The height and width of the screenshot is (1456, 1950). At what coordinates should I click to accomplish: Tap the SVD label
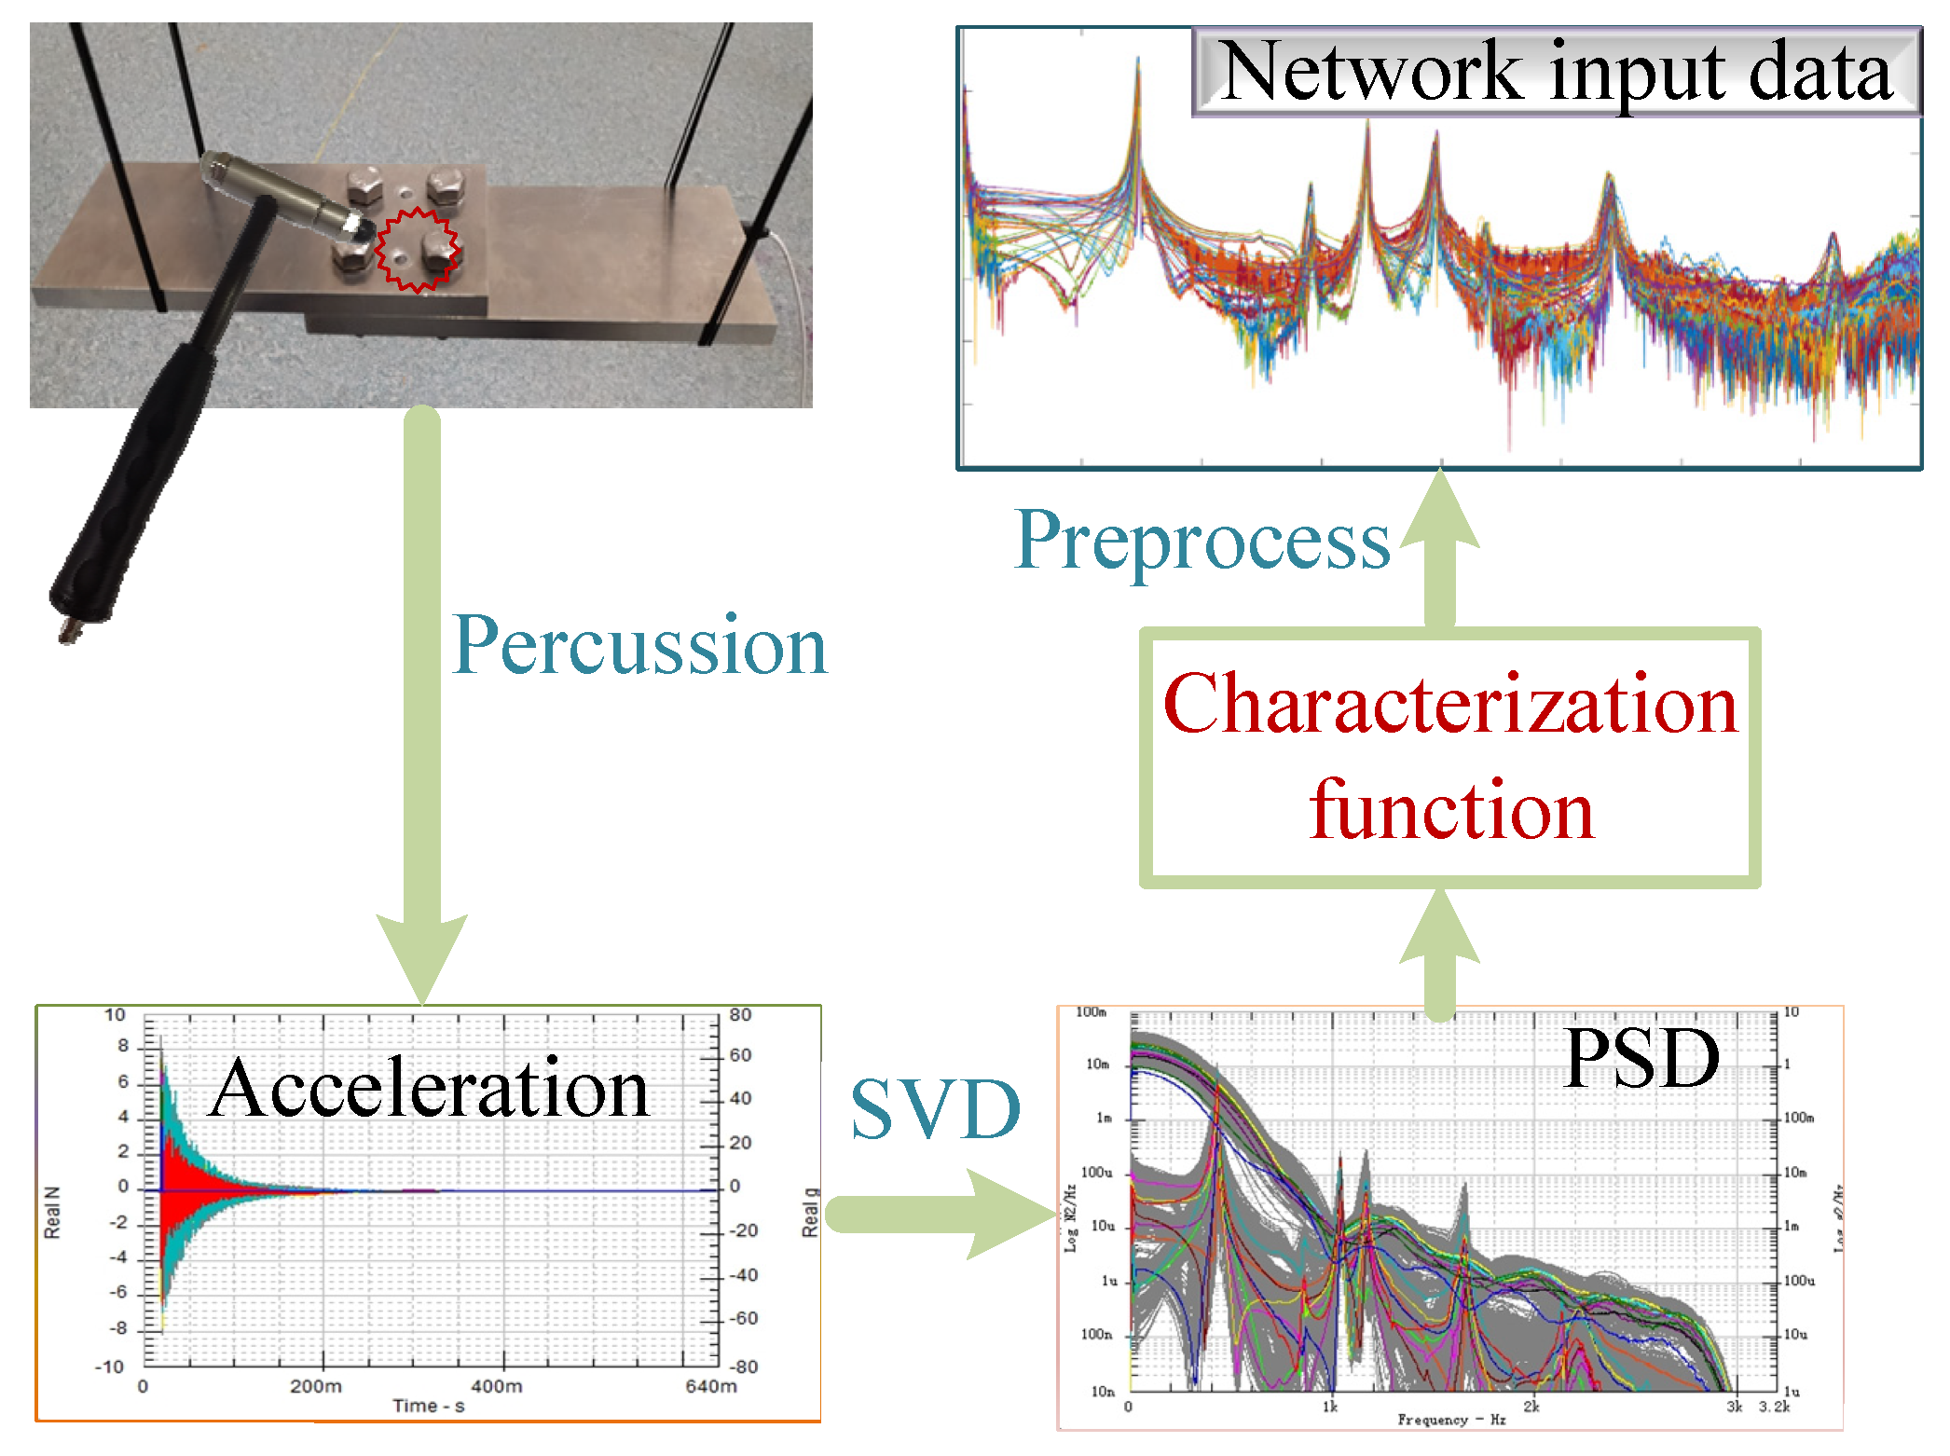tap(935, 1109)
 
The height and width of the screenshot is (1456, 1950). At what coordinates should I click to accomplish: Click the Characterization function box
tap(1449, 757)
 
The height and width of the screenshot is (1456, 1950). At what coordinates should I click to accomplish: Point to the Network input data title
tap(1556, 72)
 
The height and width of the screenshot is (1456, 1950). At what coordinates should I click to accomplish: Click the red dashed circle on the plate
tap(417, 250)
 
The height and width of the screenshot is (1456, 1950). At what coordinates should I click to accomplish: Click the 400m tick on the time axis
tap(496, 1386)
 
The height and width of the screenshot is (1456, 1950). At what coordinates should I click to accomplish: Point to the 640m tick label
tap(710, 1386)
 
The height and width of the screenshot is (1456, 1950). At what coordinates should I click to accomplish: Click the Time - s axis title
tap(428, 1406)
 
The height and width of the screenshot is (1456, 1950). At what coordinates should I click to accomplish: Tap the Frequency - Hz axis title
tap(1450, 1420)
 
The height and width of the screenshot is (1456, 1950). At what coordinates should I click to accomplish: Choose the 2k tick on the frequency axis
tap(1531, 1407)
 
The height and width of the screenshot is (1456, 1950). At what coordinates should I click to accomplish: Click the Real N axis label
tap(52, 1212)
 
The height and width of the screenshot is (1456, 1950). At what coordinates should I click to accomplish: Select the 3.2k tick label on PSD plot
tap(1773, 1407)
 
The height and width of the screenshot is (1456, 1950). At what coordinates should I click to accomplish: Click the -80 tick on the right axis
tap(743, 1367)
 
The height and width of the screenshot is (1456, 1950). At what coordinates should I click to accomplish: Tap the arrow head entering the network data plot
tap(1440, 508)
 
